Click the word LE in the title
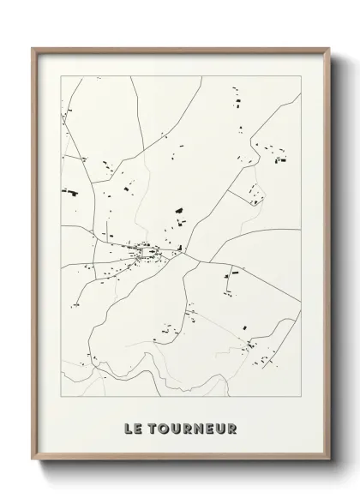131,426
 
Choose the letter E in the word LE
136,426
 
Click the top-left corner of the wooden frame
32,47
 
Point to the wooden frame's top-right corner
329,47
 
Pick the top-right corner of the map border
302,75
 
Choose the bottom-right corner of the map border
302,397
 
